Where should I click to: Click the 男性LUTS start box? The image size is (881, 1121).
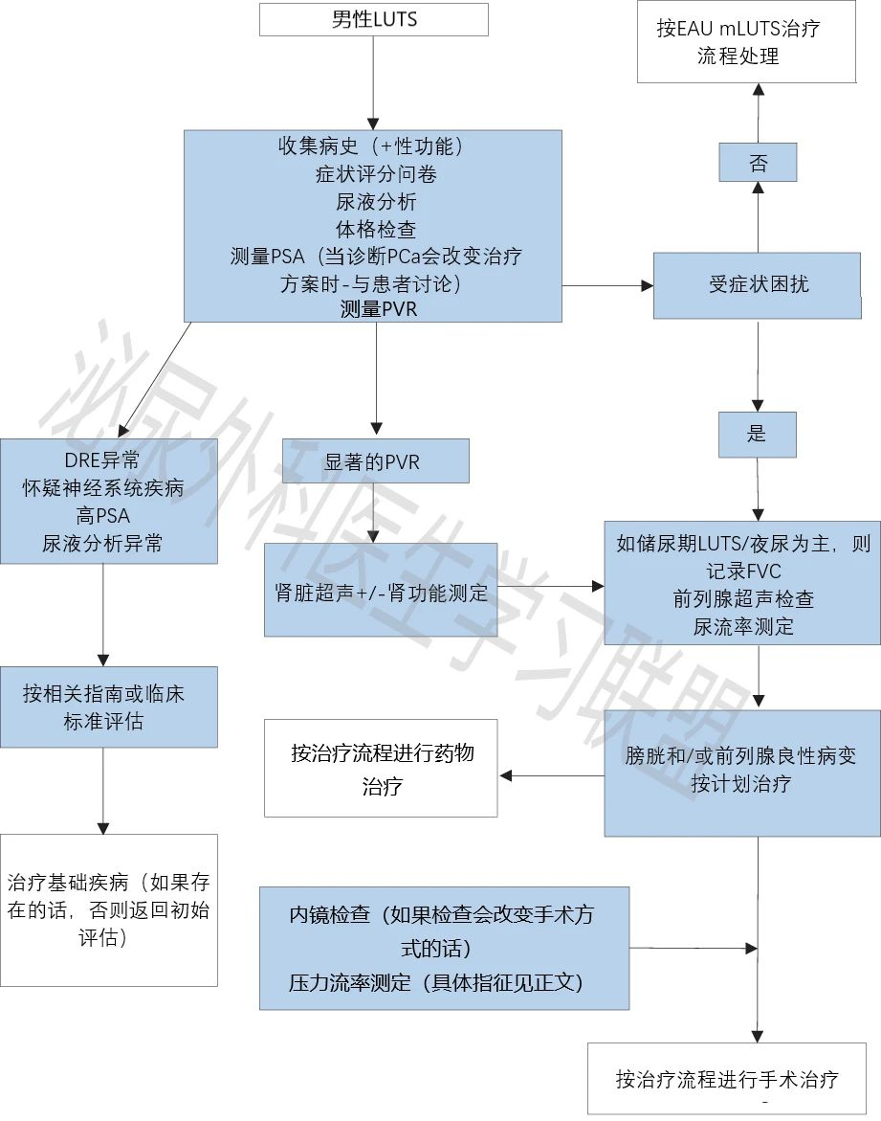click(373, 19)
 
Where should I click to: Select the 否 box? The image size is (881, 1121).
click(758, 163)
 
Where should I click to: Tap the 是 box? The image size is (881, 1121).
click(757, 435)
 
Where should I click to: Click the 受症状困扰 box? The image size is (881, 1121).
click(758, 285)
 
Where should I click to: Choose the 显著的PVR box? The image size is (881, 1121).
click(376, 461)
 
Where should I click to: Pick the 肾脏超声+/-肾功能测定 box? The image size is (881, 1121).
click(381, 590)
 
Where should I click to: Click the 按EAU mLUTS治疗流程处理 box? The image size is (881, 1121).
click(746, 41)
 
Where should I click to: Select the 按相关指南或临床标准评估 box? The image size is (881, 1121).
click(109, 707)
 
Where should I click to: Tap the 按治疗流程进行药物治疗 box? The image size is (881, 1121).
click(381, 768)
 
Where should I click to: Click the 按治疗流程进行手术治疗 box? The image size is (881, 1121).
click(727, 1078)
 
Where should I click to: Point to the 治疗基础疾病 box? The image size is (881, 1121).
click(109, 910)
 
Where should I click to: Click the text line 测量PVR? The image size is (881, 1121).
click(379, 309)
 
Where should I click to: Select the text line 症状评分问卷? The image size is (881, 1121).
click(376, 173)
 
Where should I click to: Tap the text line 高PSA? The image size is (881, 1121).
click(103, 515)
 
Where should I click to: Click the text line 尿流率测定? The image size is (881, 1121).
click(743, 627)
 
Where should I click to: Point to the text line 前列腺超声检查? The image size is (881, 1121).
click(743, 599)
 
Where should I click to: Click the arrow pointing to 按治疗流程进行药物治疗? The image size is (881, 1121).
click(552, 775)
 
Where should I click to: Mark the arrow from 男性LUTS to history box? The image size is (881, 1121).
click(373, 83)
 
